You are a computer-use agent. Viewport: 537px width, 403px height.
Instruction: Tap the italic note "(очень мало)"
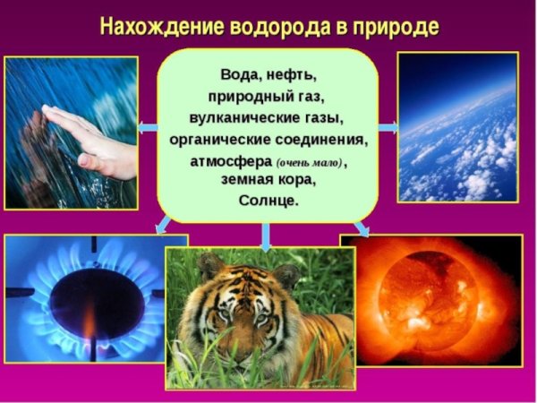310,162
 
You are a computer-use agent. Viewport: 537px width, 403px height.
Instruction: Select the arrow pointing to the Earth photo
387,127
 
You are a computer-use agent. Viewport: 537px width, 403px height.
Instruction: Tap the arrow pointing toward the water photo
148,127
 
